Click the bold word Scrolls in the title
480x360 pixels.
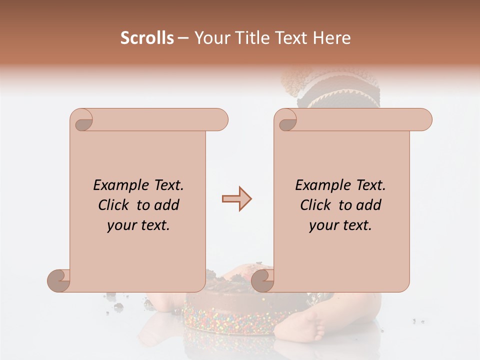147,38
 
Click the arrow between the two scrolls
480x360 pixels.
236,198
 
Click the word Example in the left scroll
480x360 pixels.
116,185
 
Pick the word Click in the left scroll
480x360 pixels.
115,205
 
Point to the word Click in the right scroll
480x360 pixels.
317,205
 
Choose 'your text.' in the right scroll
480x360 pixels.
340,225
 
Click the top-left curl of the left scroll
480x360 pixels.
82,120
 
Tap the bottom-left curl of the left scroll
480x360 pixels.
59,280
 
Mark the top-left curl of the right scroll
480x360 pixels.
286,120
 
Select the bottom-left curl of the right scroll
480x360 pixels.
263,280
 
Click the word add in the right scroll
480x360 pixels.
367,205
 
